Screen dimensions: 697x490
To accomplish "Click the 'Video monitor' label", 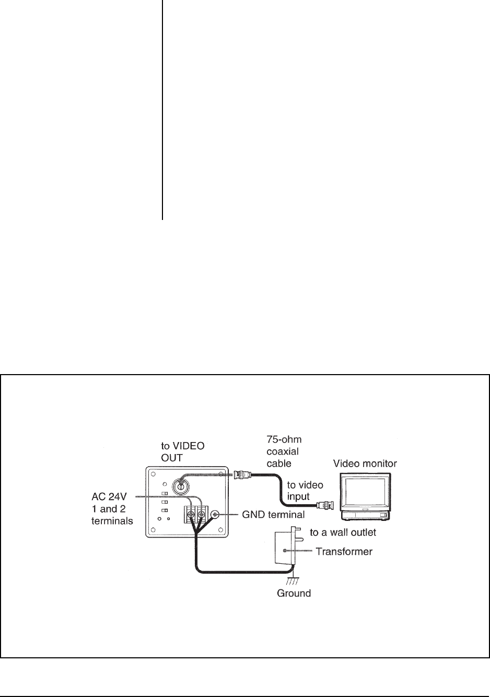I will coord(365,463).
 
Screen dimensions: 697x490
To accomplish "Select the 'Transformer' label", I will coord(344,551).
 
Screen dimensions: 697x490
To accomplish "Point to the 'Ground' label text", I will coord(294,593).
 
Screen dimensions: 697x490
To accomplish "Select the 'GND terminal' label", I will coord(273,515).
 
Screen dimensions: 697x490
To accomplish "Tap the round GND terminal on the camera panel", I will coord(214,515).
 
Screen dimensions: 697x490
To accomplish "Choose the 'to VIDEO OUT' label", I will coord(182,452).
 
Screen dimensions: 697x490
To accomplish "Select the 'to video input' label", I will coord(305,491).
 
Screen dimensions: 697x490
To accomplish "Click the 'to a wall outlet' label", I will coord(343,532).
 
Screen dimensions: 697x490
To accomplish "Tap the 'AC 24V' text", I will coord(110,496).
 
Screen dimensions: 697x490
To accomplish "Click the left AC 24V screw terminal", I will coord(191,515).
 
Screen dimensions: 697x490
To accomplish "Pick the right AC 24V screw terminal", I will coord(201,515).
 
